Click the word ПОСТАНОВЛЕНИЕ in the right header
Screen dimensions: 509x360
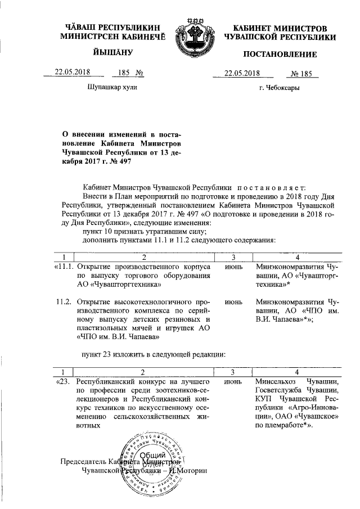pos(280,55)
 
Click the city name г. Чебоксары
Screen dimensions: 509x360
pos(279,88)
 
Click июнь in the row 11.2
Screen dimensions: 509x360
pos(233,301)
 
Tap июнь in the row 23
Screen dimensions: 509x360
pos(233,382)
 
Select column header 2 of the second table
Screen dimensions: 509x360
pos(143,372)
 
